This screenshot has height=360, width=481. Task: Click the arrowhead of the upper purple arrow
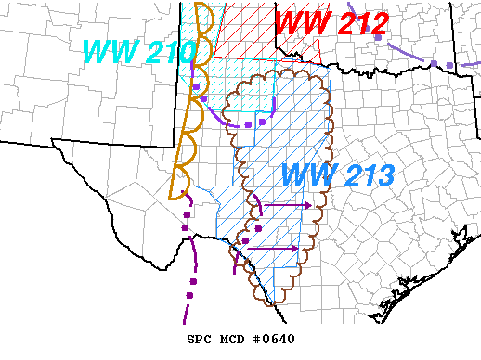[309, 204]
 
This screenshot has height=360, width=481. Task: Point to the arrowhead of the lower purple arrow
[296, 249]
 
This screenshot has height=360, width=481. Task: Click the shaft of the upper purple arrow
[283, 204]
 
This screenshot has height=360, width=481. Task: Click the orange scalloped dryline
[179, 139]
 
